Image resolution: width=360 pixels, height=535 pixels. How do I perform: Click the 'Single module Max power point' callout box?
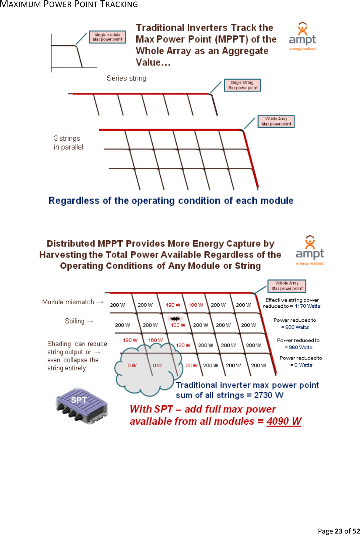pos(107,37)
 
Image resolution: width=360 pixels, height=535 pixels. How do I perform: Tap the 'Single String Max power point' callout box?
pos(243,85)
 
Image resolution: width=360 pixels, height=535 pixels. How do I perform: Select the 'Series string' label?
pos(126,78)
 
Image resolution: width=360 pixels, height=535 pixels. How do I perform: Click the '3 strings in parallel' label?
pos(69,143)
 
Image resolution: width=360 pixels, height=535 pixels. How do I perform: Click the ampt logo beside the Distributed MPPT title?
pos(310,250)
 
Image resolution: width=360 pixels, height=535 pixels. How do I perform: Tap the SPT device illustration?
pos(82,406)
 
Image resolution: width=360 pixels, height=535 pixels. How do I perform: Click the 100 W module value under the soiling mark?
pos(178,325)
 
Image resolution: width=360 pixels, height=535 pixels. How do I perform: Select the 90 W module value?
pos(191,365)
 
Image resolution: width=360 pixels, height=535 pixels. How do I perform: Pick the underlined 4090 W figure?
pos(284,421)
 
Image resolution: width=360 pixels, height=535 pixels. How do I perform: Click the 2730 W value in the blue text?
pos(269,395)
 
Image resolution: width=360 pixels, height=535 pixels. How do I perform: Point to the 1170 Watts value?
pos(307,306)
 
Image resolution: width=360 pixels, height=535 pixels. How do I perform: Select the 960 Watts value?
pos(300,347)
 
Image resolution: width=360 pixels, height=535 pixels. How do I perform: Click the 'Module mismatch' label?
pos(68,302)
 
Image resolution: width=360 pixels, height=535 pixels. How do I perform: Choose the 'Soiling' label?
pos(75,321)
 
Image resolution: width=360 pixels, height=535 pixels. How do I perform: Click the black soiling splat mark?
pos(175,318)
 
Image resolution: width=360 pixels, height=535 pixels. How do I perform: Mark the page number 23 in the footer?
pos(339,531)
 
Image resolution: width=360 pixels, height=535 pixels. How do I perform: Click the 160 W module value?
pos(155,340)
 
